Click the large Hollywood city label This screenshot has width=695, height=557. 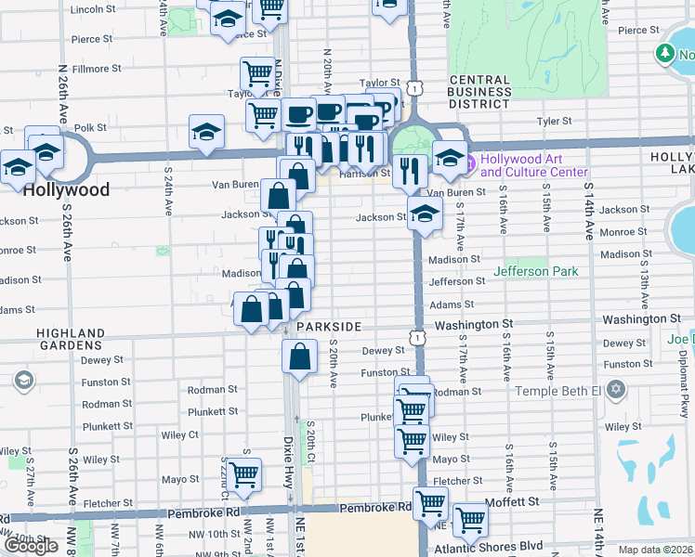tap(66, 189)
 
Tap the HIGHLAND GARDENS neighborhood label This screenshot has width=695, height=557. tap(72, 339)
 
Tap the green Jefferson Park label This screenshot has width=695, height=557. tap(535, 271)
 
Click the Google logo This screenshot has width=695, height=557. tap(32, 546)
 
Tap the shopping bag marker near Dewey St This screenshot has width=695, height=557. tap(299, 356)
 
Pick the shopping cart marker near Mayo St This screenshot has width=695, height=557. tap(243, 474)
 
